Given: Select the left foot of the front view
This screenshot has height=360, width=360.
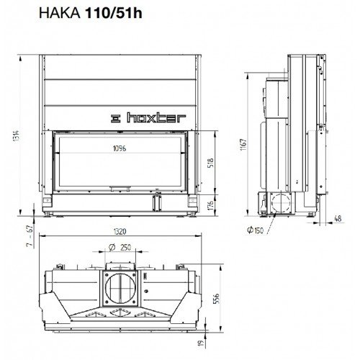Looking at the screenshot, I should click(x=48, y=214).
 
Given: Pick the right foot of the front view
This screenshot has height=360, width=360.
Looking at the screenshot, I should click(x=193, y=214).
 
